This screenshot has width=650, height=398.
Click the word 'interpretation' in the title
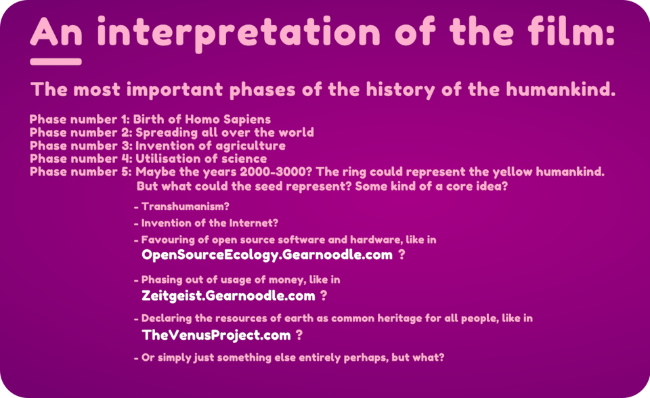pyautogui.click(x=238, y=33)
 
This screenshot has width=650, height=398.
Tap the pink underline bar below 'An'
pyautogui.click(x=56, y=62)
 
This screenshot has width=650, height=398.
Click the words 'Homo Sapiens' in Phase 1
pyautogui.click(x=227, y=119)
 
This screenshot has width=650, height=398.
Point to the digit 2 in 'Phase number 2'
pyautogui.click(x=126, y=133)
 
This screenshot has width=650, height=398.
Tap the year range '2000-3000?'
pyautogui.click(x=276, y=172)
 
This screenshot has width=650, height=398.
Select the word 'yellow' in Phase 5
pyautogui.click(x=513, y=172)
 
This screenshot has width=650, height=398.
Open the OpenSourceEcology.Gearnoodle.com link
pyautogui.click(x=267, y=255)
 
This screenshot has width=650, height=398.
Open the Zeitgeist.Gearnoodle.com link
pyautogui.click(x=228, y=296)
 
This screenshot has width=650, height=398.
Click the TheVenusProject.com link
pyautogui.click(x=217, y=335)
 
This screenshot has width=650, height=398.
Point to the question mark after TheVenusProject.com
pyautogui.click(x=299, y=334)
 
